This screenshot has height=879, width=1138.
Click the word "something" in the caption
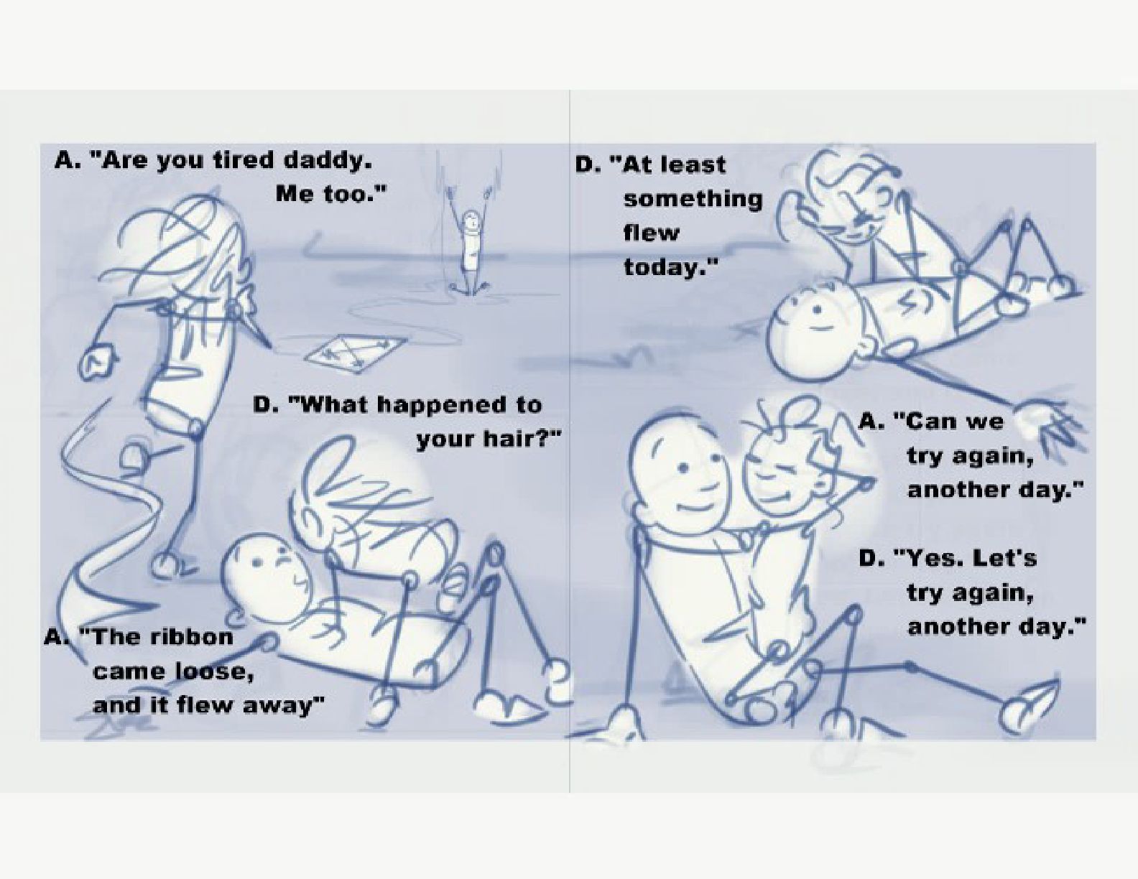693,199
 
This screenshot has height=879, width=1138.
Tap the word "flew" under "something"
651,233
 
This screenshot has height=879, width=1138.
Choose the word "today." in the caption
670,268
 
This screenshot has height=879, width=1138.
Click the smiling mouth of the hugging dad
692,508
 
